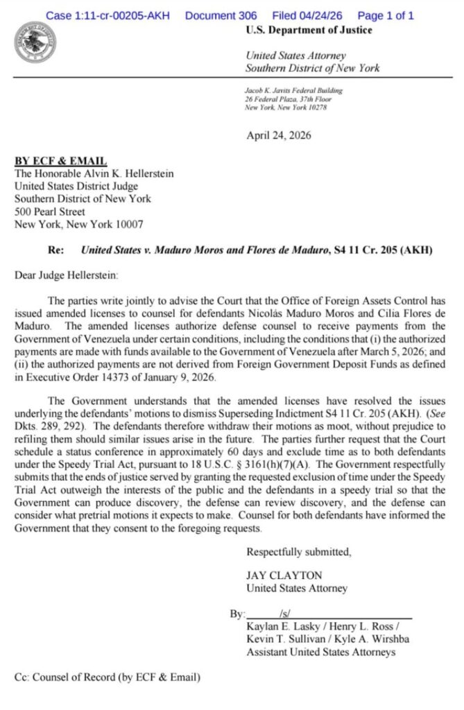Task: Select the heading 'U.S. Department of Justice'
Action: pyautogui.click(x=309, y=30)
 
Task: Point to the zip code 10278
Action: pyautogui.click(x=316, y=107)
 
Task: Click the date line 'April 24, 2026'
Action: pyautogui.click(x=279, y=135)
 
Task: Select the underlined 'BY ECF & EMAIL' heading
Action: pyautogui.click(x=61, y=161)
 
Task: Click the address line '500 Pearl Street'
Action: pyautogui.click(x=50, y=211)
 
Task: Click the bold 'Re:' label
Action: pyautogui.click(x=55, y=250)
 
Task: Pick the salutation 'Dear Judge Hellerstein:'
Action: pyautogui.click(x=67, y=275)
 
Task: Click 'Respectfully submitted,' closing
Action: pyautogui.click(x=299, y=553)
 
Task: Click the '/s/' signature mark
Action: pyautogui.click(x=285, y=614)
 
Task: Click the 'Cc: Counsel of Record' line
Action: pyautogui.click(x=108, y=677)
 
